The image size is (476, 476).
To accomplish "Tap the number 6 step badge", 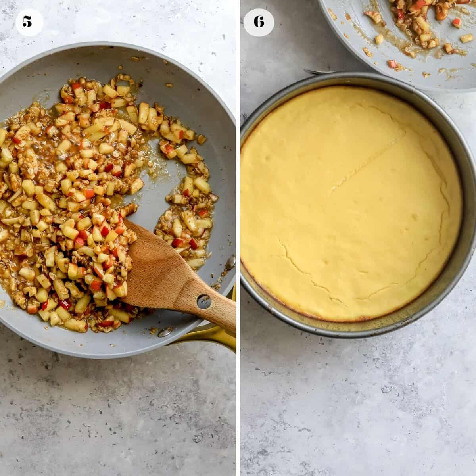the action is pyautogui.click(x=259, y=22).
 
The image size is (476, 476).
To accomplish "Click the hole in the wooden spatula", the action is pyautogui.click(x=204, y=301).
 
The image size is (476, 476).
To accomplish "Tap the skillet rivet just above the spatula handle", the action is pyautogui.click(x=230, y=262).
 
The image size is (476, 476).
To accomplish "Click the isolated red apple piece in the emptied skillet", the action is pyautogui.click(x=457, y=23).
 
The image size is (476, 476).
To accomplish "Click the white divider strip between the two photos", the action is pyautogui.click(x=238, y=238).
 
